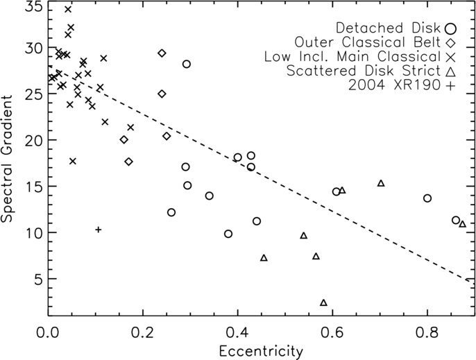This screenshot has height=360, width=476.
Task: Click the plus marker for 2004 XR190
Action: [98, 230]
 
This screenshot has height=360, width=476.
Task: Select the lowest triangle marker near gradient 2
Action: [323, 302]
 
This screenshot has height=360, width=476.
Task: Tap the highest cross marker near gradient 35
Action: [68, 9]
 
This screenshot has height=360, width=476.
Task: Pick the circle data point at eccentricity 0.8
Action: [427, 198]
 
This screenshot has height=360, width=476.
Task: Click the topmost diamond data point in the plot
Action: [162, 53]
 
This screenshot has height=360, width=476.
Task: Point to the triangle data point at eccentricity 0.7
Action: [381, 183]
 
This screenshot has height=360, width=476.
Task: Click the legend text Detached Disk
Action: [389, 28]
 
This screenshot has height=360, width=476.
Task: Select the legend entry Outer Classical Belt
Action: [368, 42]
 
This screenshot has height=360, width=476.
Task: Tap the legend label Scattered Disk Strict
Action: [364, 71]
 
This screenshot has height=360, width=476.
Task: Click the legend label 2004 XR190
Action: [394, 85]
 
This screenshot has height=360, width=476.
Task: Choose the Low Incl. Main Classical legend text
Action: [352, 57]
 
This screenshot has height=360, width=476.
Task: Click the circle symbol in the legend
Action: [451, 28]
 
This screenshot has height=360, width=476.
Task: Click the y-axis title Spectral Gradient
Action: [7, 159]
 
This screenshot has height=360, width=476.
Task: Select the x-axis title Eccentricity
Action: [261, 352]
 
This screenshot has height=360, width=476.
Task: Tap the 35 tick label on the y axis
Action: [34, 7]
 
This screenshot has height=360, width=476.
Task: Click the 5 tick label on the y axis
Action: [39, 280]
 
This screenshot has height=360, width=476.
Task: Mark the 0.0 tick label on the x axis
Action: [48, 332]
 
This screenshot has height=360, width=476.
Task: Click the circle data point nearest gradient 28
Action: [187, 64]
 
